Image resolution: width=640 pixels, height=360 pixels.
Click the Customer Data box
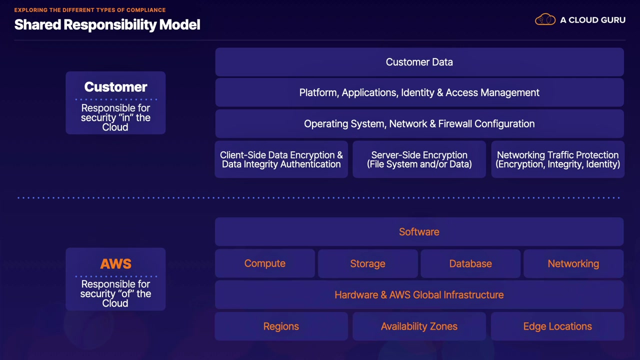tap(419, 62)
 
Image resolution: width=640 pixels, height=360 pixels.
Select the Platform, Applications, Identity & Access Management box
tap(419, 92)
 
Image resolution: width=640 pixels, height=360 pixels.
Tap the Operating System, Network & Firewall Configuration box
tap(419, 123)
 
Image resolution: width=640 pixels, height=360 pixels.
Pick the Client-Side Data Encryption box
tap(281, 159)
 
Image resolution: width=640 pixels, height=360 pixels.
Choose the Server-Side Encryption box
tap(419, 159)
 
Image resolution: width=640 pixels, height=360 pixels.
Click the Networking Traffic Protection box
tap(557, 159)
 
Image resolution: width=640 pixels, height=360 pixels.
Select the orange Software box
tap(419, 231)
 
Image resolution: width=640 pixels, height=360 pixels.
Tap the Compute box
tap(265, 263)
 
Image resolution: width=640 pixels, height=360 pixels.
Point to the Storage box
tap(367, 263)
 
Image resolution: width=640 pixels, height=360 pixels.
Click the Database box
tap(470, 263)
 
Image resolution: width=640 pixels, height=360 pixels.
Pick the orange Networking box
tap(573, 263)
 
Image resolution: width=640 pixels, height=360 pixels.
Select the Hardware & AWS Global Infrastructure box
tap(419, 295)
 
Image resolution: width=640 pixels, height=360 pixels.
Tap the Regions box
tap(281, 326)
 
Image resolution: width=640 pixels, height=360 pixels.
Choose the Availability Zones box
tap(419, 326)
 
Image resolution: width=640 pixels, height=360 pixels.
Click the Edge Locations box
tap(557, 326)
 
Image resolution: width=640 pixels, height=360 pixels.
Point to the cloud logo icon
tap(545, 19)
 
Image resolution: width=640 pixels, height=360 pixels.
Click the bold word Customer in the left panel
tap(115, 87)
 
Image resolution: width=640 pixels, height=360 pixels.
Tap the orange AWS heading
tap(115, 263)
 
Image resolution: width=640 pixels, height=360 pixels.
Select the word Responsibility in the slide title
tap(110, 25)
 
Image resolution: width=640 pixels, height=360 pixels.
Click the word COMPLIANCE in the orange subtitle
tap(146, 10)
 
